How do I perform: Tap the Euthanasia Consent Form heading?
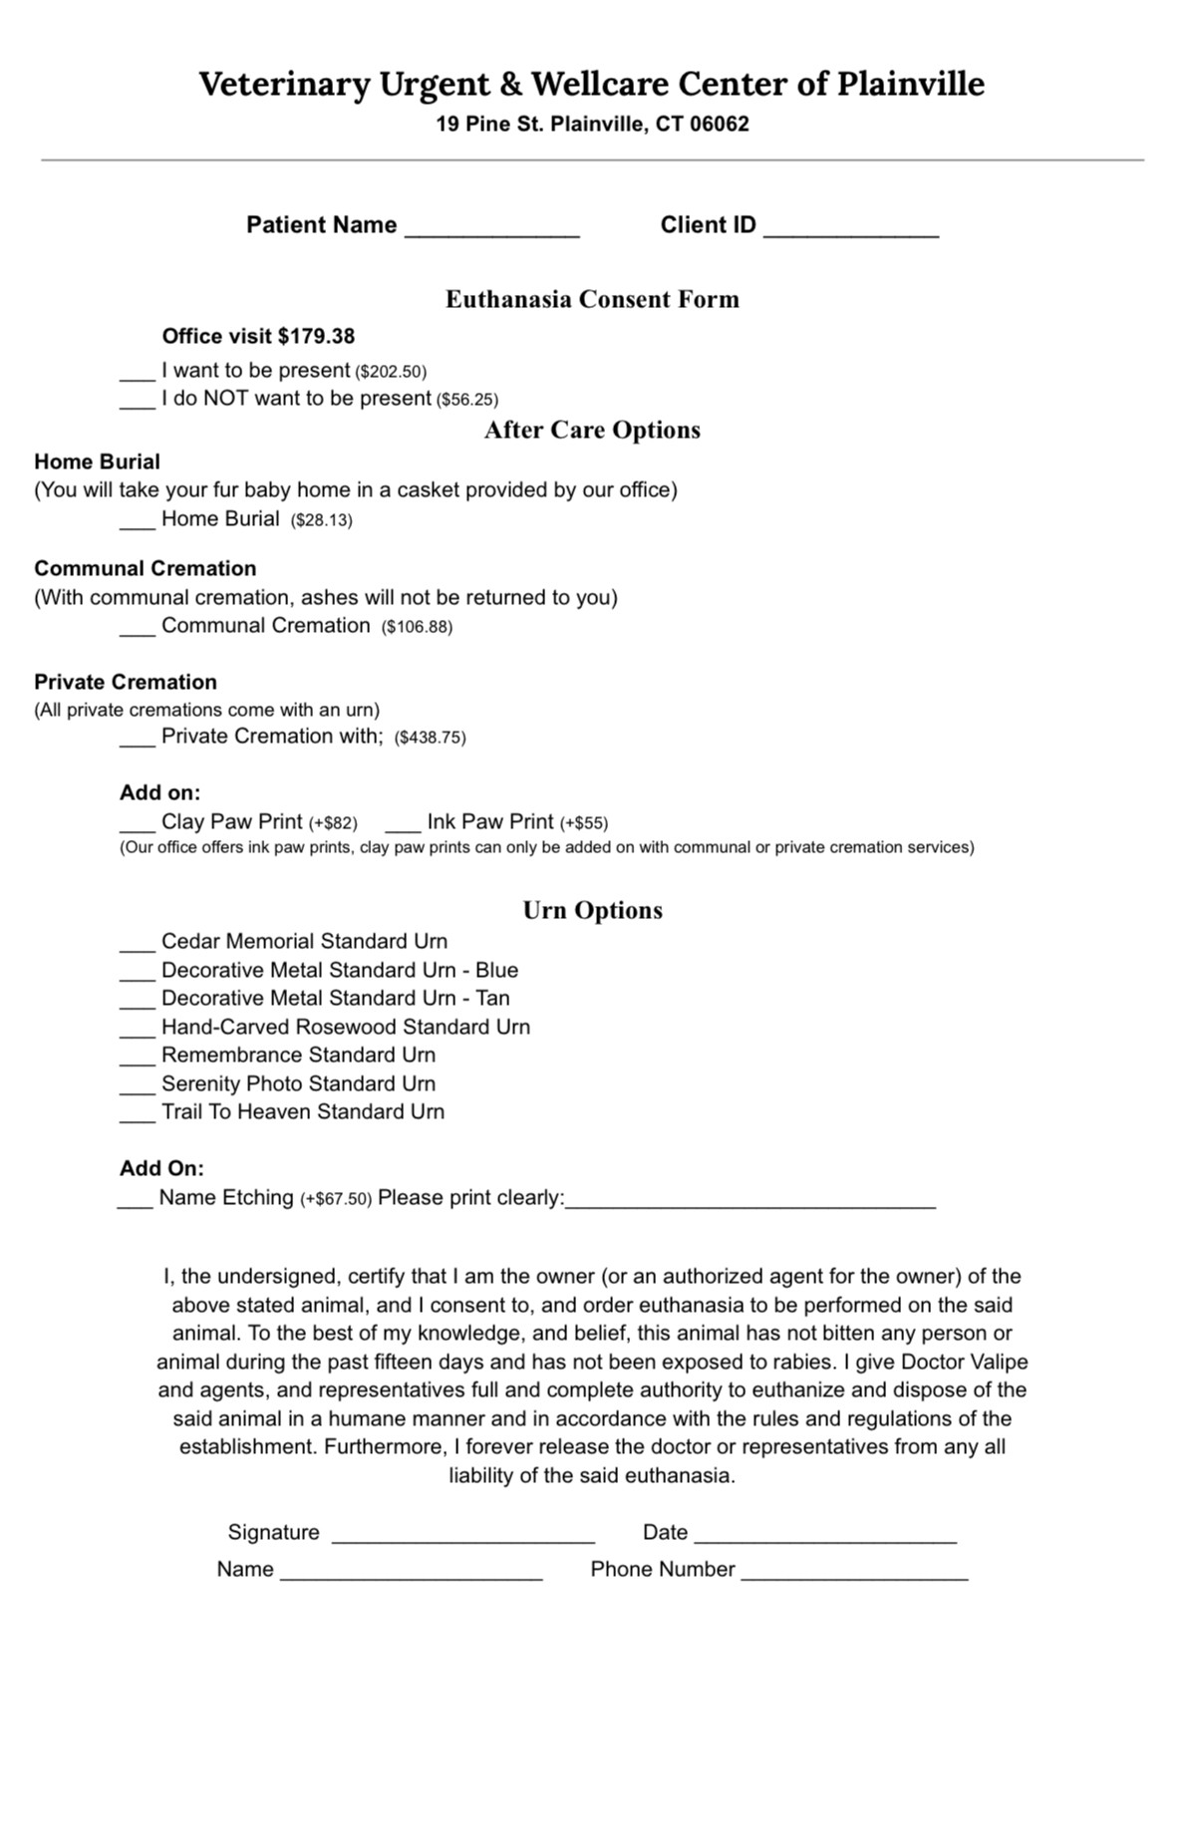click(592, 299)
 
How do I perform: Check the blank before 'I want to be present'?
click(138, 374)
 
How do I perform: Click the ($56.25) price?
click(467, 400)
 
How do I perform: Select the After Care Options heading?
click(592, 430)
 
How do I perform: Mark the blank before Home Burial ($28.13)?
click(138, 522)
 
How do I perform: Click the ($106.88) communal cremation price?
click(417, 627)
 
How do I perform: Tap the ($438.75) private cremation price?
click(431, 738)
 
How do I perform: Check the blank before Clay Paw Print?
click(138, 825)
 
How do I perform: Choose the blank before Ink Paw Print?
click(403, 825)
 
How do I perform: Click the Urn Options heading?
click(592, 910)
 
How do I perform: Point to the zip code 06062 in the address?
click(720, 125)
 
